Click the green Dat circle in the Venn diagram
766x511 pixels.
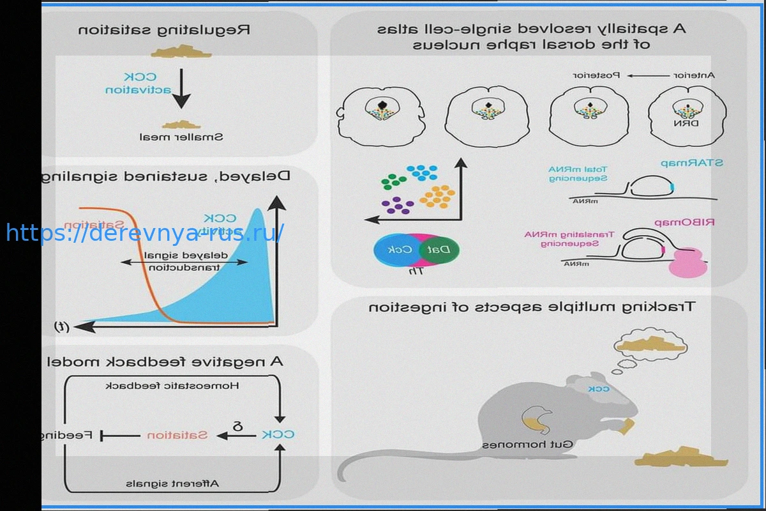444,249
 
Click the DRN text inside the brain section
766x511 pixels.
687,122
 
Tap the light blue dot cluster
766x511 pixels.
422,172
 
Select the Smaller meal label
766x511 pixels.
182,137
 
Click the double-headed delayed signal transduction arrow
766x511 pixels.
184,262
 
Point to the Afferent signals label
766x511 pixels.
172,483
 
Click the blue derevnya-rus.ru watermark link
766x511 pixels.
145,233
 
